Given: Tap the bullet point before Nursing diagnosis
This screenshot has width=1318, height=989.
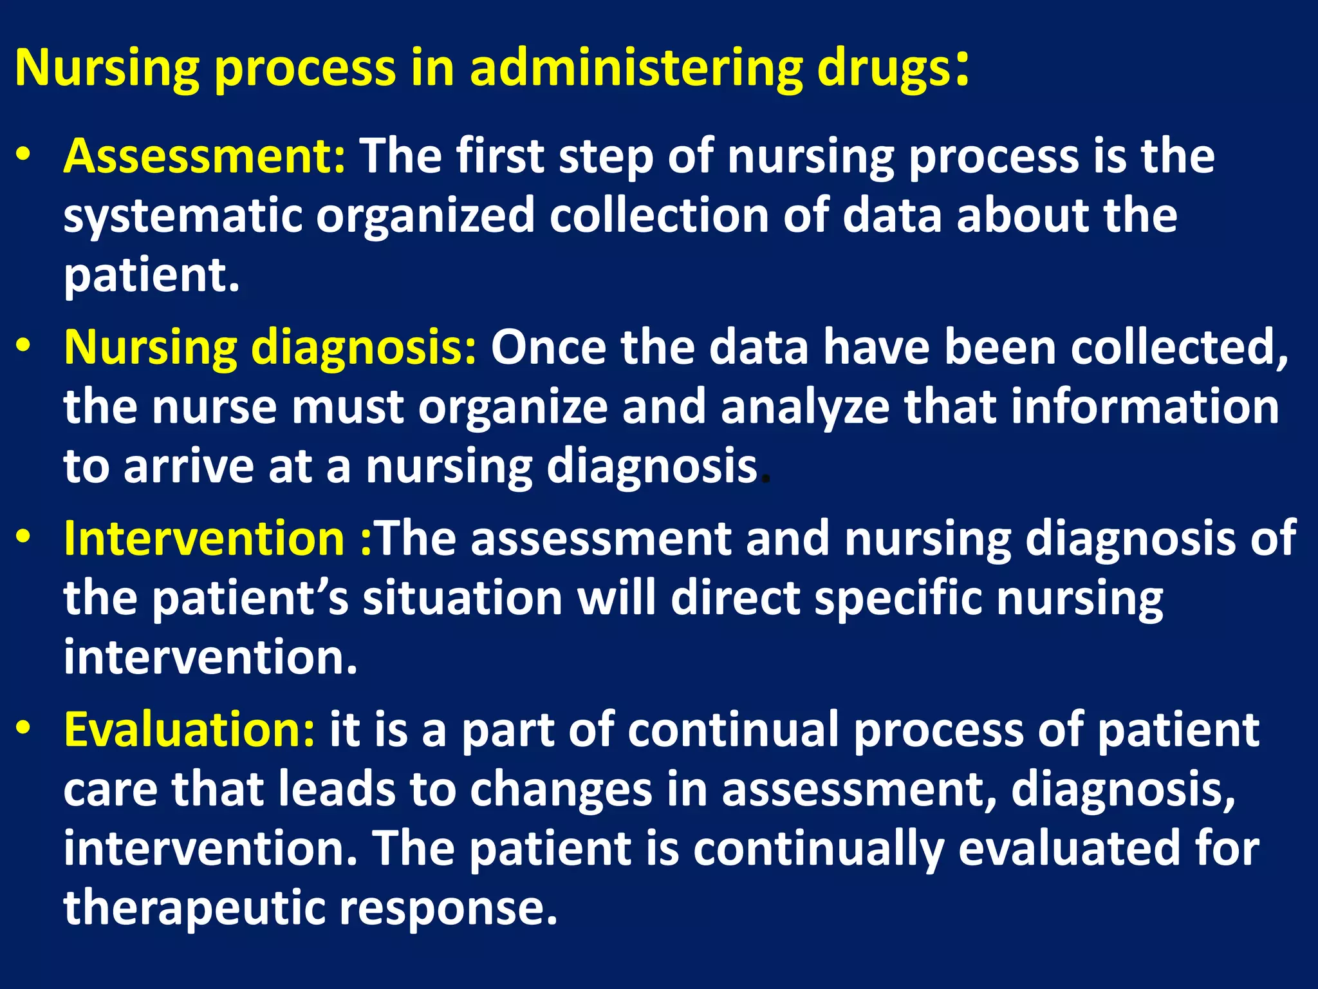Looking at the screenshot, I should [24, 346].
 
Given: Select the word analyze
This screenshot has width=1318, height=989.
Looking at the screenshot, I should [805, 408].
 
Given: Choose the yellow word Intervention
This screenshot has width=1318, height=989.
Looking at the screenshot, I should [205, 538].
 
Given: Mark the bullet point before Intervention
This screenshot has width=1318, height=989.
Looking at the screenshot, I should [24, 538].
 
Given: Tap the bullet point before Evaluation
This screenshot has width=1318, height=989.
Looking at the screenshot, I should [24, 728].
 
